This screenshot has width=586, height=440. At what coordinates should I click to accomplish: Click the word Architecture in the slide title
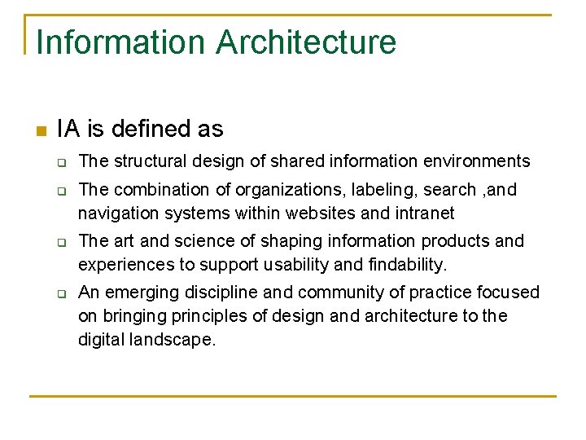click(306, 42)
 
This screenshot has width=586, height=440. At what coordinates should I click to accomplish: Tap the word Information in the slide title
click(121, 42)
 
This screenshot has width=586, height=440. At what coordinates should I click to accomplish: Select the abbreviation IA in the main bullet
click(68, 129)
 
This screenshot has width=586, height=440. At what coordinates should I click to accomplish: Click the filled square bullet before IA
click(40, 130)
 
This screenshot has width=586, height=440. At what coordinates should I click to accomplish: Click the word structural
click(145, 161)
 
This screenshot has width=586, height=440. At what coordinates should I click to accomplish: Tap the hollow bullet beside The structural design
click(61, 162)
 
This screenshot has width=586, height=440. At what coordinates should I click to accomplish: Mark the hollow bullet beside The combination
click(61, 190)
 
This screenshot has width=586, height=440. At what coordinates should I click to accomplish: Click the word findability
click(402, 265)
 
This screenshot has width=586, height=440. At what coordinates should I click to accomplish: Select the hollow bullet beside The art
click(61, 241)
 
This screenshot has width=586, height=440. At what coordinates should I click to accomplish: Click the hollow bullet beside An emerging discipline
click(61, 293)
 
